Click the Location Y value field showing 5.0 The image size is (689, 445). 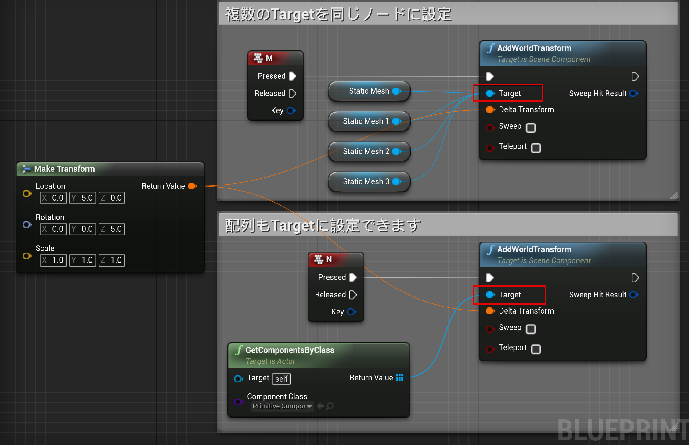(83, 198)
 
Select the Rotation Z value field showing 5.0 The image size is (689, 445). (112, 229)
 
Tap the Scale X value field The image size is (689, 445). (53, 260)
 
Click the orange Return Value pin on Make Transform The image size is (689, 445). (192, 186)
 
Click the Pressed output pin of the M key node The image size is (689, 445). (292, 76)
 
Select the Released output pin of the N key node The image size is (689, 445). (353, 295)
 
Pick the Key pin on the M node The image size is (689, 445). (291, 110)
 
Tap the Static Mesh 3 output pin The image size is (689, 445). (397, 181)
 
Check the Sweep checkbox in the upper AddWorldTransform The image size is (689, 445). (531, 127)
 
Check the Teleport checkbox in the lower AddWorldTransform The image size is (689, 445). (536, 349)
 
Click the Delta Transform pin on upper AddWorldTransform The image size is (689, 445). (490, 110)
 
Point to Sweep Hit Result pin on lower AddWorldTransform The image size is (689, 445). (634, 295)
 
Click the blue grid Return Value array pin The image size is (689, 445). (399, 378)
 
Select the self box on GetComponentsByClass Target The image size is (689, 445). (281, 379)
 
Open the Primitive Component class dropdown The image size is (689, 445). (282, 406)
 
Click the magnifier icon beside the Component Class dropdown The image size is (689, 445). (330, 406)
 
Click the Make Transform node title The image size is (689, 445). (64, 169)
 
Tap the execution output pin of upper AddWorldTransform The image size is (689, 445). (635, 76)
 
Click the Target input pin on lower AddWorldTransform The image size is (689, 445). (490, 295)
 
